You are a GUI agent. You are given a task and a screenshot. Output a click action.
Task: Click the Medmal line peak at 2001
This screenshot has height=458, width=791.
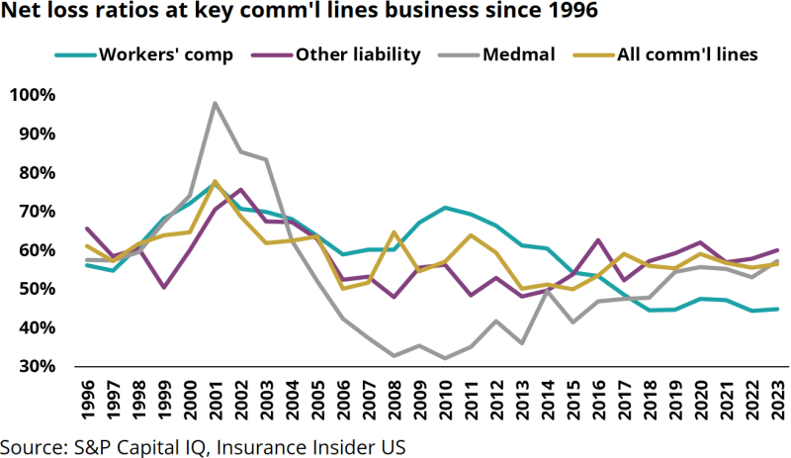point(215,103)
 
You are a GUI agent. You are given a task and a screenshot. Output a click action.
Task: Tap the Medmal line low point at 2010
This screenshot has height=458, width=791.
point(446,358)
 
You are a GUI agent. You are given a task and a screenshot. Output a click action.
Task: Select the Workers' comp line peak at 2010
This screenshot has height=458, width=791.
point(446,208)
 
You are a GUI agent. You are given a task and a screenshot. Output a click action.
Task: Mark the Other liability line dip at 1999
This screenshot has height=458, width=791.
point(163,287)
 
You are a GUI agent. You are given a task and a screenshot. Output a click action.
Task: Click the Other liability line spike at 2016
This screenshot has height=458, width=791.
point(600,240)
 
